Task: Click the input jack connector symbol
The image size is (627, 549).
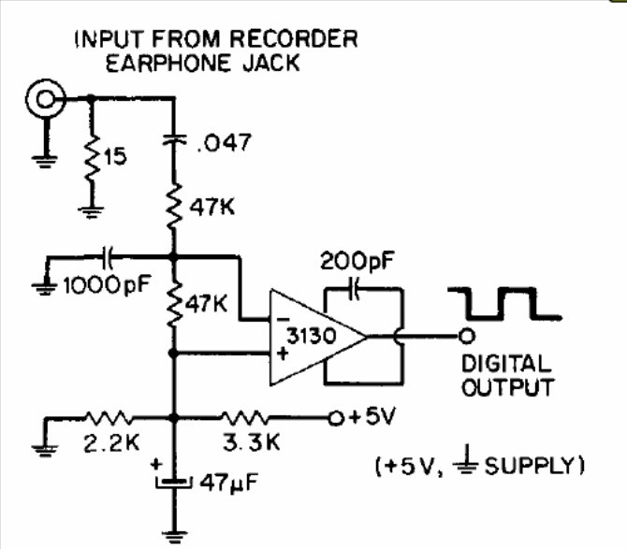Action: pyautogui.click(x=44, y=97)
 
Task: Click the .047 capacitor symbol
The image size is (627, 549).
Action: pyautogui.click(x=173, y=140)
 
